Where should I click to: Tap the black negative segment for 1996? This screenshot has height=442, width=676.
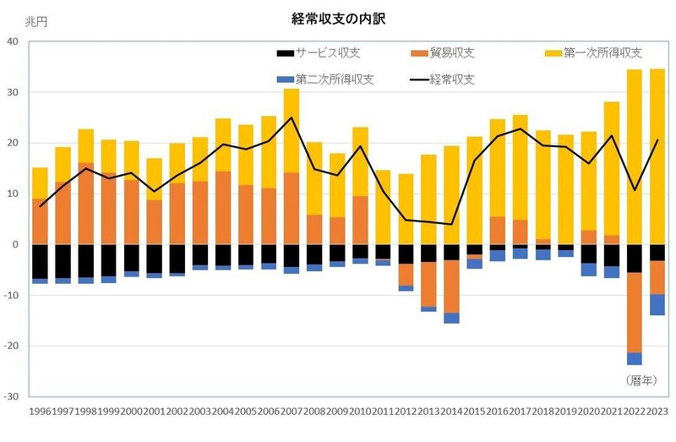41,261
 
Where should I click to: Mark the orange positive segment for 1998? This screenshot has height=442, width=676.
86,203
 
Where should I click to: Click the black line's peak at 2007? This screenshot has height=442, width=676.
292,117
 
